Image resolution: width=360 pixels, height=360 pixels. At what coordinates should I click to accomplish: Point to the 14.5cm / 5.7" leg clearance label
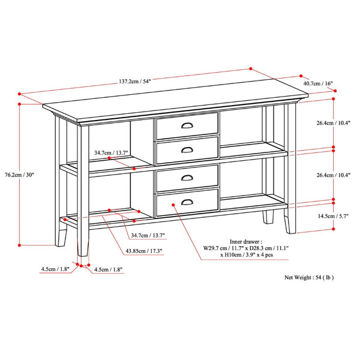pos(332,215)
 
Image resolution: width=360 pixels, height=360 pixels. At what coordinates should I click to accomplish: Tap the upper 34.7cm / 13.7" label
pos(112,153)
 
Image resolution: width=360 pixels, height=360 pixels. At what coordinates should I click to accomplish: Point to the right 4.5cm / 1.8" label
pos(109,270)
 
